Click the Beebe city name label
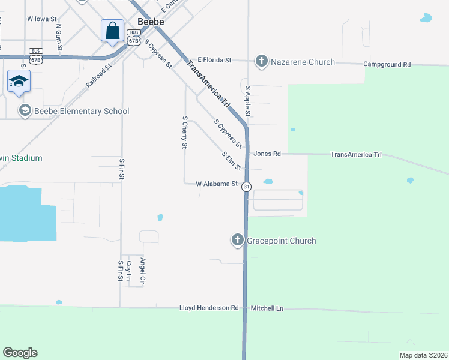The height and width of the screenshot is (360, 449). click(x=151, y=21)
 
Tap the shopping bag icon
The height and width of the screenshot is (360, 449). click(x=112, y=30)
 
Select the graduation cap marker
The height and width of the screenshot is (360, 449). click(x=19, y=81)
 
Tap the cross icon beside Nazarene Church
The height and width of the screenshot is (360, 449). click(x=261, y=61)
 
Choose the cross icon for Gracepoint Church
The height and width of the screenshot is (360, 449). click(x=237, y=241)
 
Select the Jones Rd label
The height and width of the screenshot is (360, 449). click(x=267, y=154)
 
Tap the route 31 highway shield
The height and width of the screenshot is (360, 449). click(x=246, y=187)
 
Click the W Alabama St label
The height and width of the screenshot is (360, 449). click(x=217, y=184)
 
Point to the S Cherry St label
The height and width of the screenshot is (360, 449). click(x=185, y=132)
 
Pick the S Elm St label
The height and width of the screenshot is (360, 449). click(x=231, y=160)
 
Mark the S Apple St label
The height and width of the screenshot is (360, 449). click(x=247, y=101)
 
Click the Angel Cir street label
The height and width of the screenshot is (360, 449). click(x=143, y=271)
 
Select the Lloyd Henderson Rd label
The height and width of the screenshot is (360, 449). click(x=209, y=308)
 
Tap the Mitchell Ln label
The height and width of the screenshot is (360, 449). click(x=267, y=308)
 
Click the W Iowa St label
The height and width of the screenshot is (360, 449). click(x=41, y=19)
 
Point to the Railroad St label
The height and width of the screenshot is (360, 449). click(x=99, y=76)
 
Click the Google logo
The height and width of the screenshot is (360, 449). click(x=20, y=353)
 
